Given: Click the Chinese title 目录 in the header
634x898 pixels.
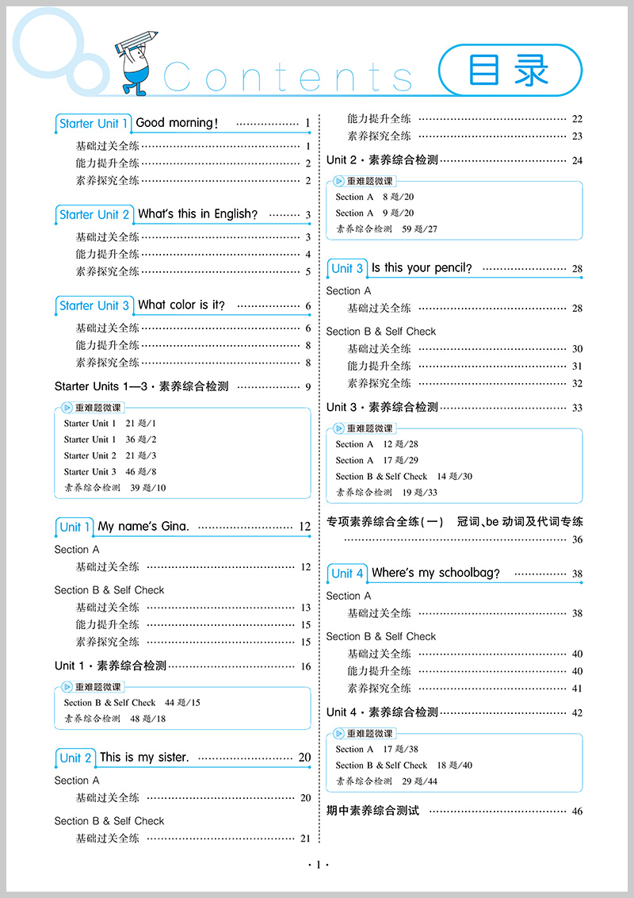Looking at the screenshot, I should point(510,71).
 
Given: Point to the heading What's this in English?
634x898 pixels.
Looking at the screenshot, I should point(198,214).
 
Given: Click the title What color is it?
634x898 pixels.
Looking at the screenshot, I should point(181,305).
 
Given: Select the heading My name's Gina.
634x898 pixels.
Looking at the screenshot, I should point(143,527).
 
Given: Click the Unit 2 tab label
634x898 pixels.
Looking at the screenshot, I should point(76,758).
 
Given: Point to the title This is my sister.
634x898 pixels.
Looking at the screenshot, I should point(144,758).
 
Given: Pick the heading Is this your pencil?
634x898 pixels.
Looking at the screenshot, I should point(422,268).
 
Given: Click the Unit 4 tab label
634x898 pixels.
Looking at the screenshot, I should point(348,574).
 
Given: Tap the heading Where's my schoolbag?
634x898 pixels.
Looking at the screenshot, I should point(436,573).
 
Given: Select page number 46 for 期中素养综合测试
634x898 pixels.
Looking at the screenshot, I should point(577,812).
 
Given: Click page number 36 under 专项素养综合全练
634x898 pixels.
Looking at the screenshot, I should point(577,539).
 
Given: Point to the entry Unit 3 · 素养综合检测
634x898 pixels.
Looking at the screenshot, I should point(382,407).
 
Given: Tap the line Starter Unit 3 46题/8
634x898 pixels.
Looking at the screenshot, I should point(110,472).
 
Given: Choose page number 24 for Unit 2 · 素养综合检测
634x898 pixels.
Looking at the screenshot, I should point(577,160).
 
